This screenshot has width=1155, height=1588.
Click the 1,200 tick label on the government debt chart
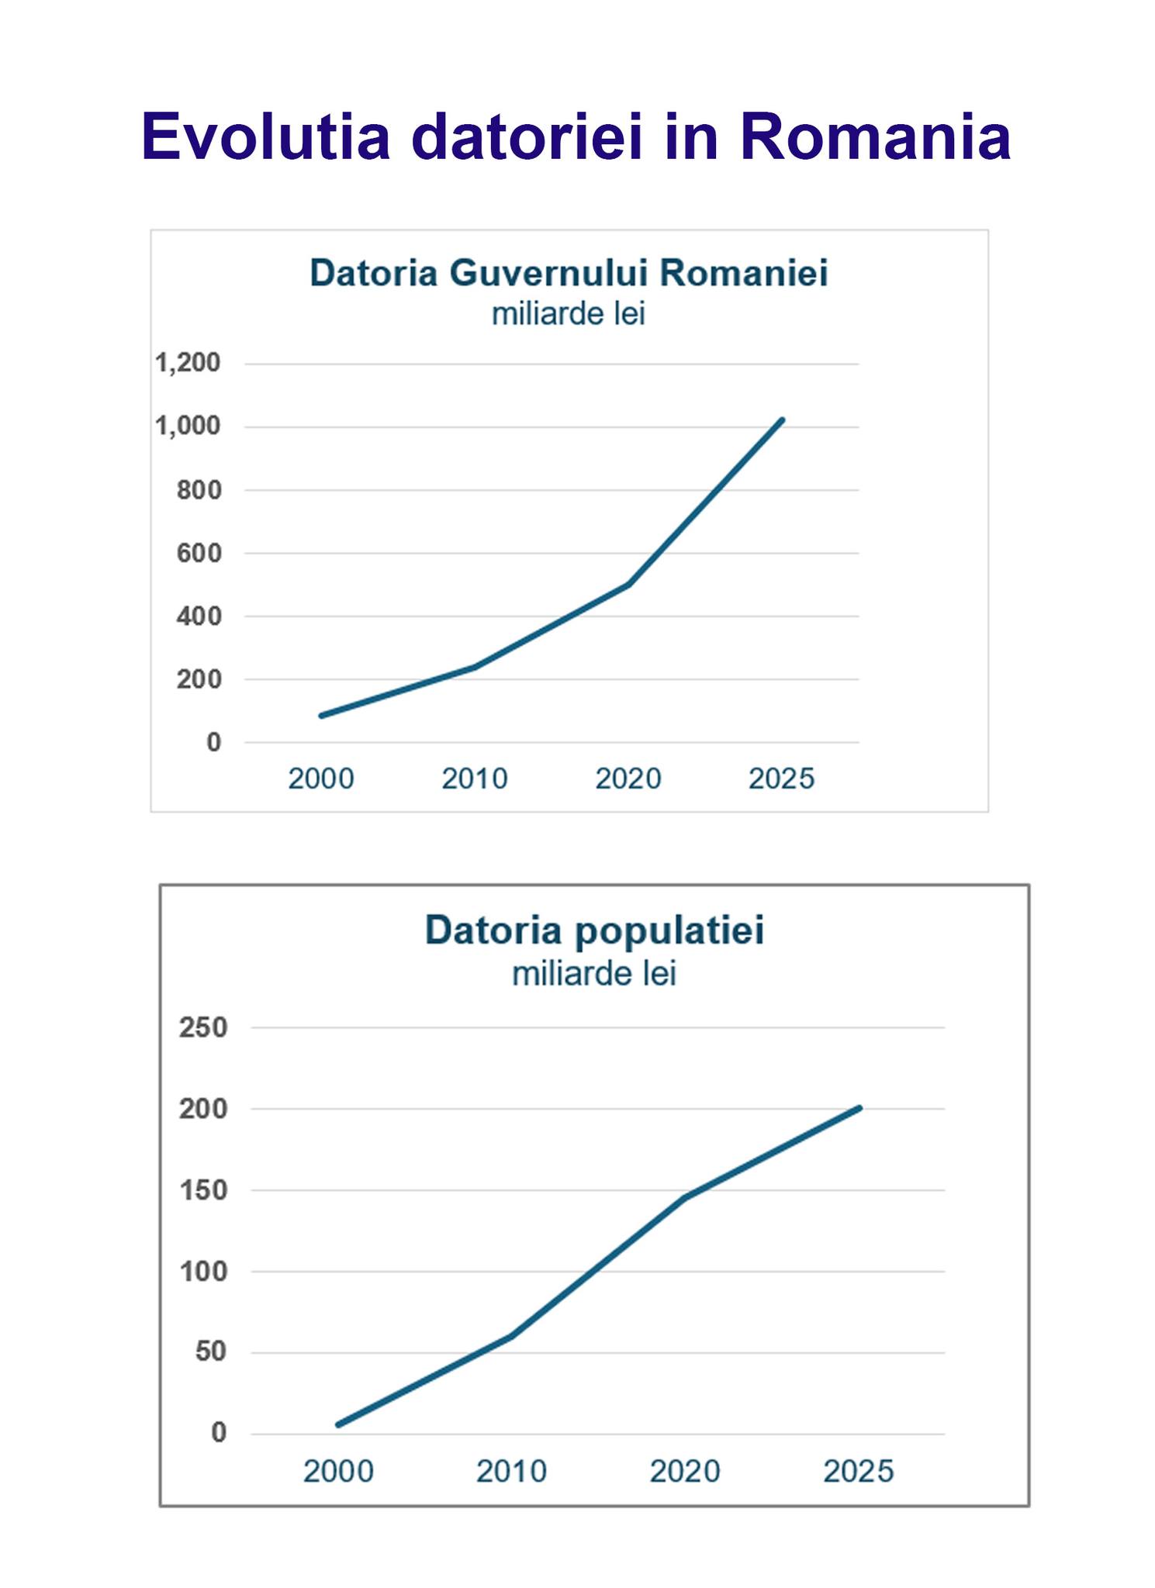188,363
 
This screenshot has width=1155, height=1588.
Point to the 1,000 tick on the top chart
188,426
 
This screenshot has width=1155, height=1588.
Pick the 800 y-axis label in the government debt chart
199,490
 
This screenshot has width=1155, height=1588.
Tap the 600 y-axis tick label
199,554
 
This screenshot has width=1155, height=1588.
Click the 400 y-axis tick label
199,616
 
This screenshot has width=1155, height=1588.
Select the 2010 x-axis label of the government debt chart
475,778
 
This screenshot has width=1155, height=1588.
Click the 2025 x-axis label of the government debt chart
781,778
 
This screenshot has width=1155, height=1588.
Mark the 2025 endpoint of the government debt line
782,420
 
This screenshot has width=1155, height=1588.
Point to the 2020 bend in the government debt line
628,584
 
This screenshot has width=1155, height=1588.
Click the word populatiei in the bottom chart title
669,930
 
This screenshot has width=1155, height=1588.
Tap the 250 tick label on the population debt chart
203,1027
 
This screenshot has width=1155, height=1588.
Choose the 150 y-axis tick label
203,1190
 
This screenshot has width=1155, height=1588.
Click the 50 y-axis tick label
211,1352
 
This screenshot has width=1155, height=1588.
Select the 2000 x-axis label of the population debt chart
338,1471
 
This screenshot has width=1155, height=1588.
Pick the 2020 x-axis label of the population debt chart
685,1471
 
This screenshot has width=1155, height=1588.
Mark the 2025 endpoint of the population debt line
859,1108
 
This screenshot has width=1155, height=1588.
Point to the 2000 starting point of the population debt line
338,1424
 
